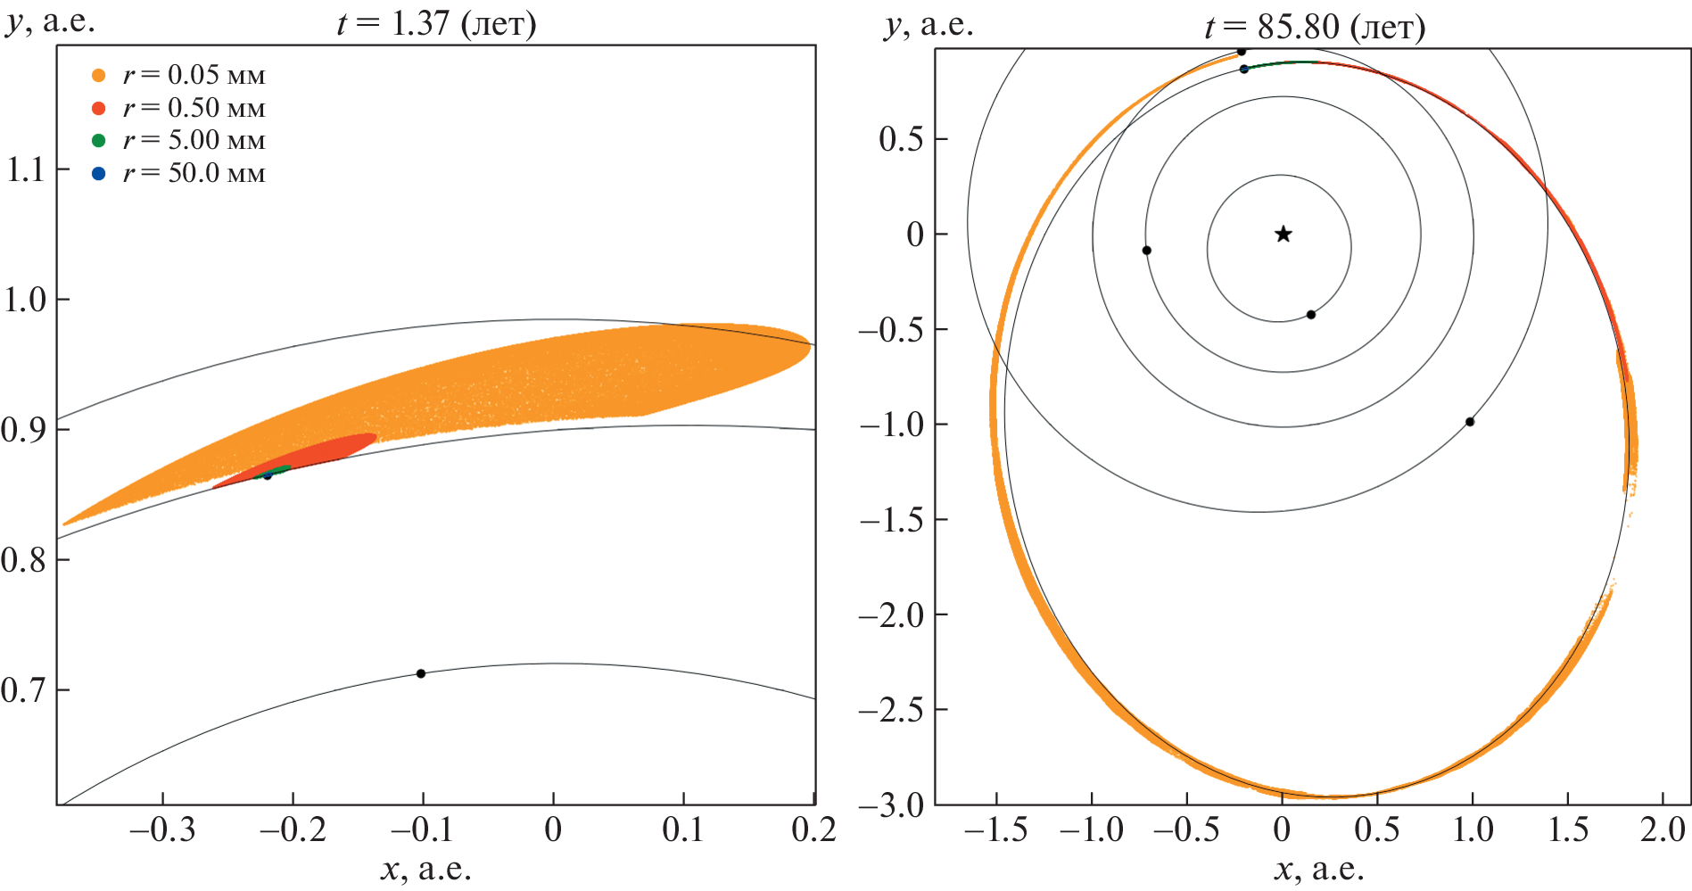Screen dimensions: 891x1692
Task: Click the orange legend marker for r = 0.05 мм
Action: pyautogui.click(x=99, y=76)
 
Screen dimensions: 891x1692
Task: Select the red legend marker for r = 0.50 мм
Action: pyautogui.click(x=99, y=108)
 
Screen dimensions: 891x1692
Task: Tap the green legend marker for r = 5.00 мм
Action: pyautogui.click(x=99, y=141)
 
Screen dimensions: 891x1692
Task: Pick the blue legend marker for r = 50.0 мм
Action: pyautogui.click(x=99, y=173)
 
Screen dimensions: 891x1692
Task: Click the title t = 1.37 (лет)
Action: pyautogui.click(x=436, y=23)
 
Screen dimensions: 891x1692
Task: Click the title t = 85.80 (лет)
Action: pyautogui.click(x=1315, y=27)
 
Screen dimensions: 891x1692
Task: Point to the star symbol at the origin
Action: pyautogui.click(x=1283, y=235)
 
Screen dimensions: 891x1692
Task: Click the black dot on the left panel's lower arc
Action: pyautogui.click(x=421, y=673)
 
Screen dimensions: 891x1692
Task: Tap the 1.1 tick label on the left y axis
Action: pyautogui.click(x=25, y=169)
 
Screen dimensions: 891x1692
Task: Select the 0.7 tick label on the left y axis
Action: pyautogui.click(x=25, y=690)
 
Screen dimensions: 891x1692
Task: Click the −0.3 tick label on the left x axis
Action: pyautogui.click(x=162, y=830)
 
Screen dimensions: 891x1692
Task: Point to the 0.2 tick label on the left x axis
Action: pyautogui.click(x=813, y=830)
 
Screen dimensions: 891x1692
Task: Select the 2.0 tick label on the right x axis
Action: pyautogui.click(x=1663, y=830)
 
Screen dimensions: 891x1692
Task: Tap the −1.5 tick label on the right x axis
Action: pyautogui.click(x=995, y=830)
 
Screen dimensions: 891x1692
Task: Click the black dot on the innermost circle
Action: pyautogui.click(x=1310, y=315)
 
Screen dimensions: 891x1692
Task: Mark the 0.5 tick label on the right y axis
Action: pyautogui.click(x=900, y=139)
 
